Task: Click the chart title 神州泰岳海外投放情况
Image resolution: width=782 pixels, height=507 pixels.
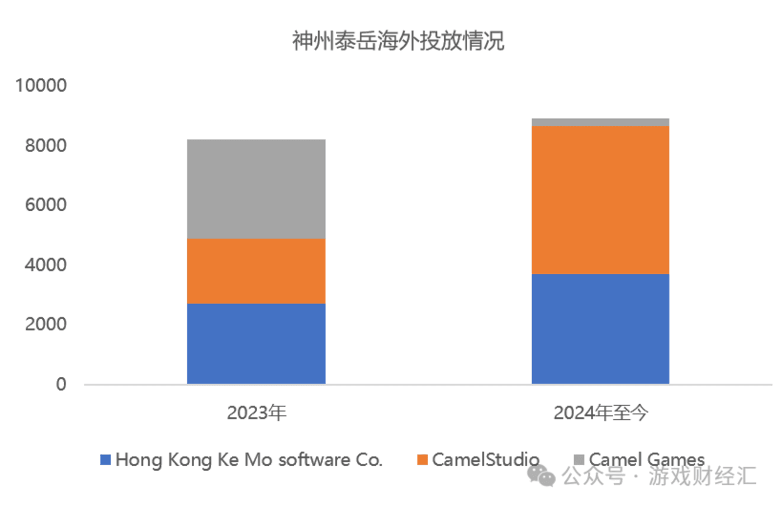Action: pos(397,41)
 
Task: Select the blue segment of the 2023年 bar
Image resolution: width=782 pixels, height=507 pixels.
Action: pos(256,343)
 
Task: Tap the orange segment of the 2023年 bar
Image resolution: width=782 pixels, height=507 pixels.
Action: pos(256,271)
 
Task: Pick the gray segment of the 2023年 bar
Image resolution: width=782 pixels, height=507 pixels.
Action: pos(256,189)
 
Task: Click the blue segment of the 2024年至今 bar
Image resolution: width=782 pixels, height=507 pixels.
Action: pos(600,329)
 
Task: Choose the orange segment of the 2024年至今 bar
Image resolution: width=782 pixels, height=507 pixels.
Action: pos(600,200)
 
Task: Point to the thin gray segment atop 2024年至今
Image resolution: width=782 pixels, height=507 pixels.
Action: pos(600,122)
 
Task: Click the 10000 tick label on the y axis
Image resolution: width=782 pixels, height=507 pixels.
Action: pos(41,86)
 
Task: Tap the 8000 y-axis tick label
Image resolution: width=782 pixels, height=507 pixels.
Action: pos(45,145)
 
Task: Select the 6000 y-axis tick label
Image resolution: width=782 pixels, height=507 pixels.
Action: pos(45,205)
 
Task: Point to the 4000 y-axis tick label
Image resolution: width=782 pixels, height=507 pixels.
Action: pos(45,264)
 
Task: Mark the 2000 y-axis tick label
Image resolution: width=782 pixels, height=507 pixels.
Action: pos(45,324)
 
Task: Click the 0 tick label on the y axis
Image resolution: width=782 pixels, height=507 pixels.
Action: pos(61,384)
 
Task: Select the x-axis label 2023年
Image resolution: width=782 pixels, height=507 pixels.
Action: pos(257,413)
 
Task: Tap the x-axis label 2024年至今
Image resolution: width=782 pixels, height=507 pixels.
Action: pos(600,413)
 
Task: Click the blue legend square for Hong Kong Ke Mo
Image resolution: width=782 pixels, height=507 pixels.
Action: pos(105,459)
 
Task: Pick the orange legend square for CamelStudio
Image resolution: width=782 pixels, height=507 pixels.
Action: pos(422,459)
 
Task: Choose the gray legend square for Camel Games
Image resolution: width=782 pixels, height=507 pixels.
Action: pos(579,459)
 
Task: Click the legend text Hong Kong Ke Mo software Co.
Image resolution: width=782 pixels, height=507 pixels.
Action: pos(249,459)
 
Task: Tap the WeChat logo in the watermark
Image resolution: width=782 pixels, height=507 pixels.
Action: pos(541,476)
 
